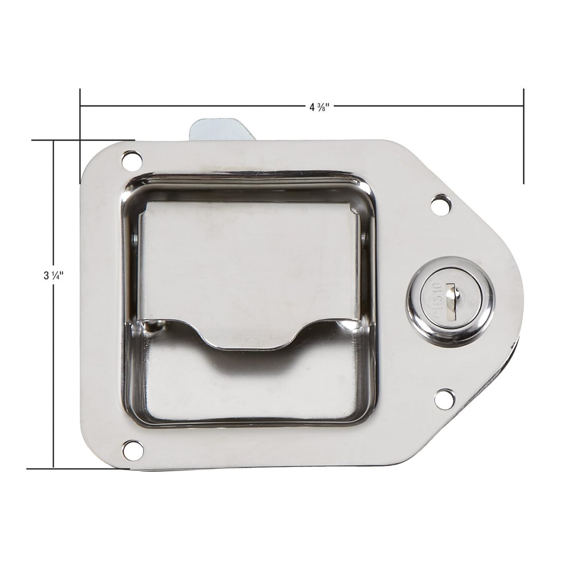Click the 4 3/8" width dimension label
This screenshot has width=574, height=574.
pyautogui.click(x=320, y=106)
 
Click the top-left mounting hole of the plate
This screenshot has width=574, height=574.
pyautogui.click(x=131, y=160)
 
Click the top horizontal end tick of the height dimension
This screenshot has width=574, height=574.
pyautogui.click(x=82, y=140)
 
